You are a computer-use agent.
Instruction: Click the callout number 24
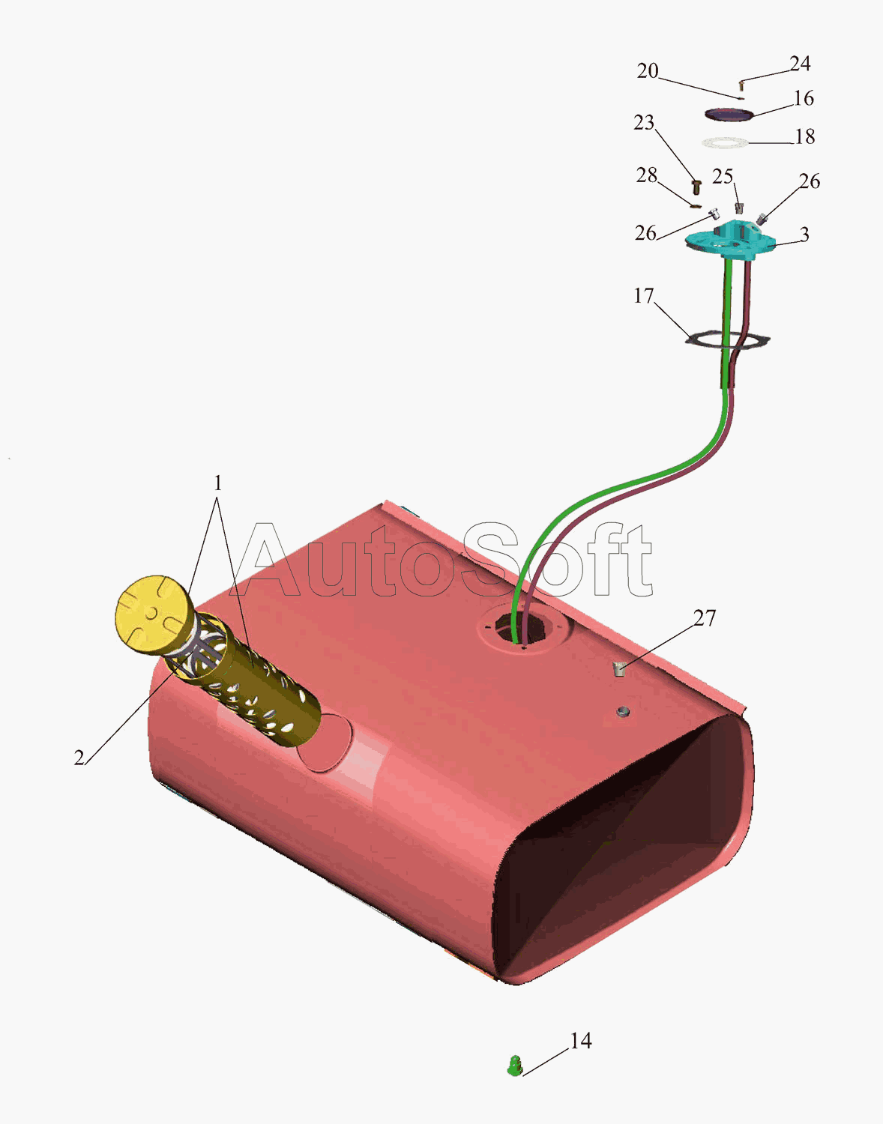800,64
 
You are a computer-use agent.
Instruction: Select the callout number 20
648,71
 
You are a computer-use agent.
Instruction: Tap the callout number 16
804,98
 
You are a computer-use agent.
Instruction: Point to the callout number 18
804,136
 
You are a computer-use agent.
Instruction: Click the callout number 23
644,122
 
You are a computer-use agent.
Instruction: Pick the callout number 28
646,175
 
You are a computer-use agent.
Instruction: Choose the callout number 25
723,177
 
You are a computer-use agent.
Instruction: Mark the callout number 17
644,296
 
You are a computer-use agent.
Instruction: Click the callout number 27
705,618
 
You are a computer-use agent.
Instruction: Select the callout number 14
581,1041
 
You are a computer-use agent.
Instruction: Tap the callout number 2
79,758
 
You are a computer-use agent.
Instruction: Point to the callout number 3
804,235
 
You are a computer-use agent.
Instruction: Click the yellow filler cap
151,614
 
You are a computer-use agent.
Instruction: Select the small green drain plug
514,1066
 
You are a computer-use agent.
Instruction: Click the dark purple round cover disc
729,114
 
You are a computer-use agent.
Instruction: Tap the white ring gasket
726,142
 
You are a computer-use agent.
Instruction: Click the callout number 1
217,483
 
